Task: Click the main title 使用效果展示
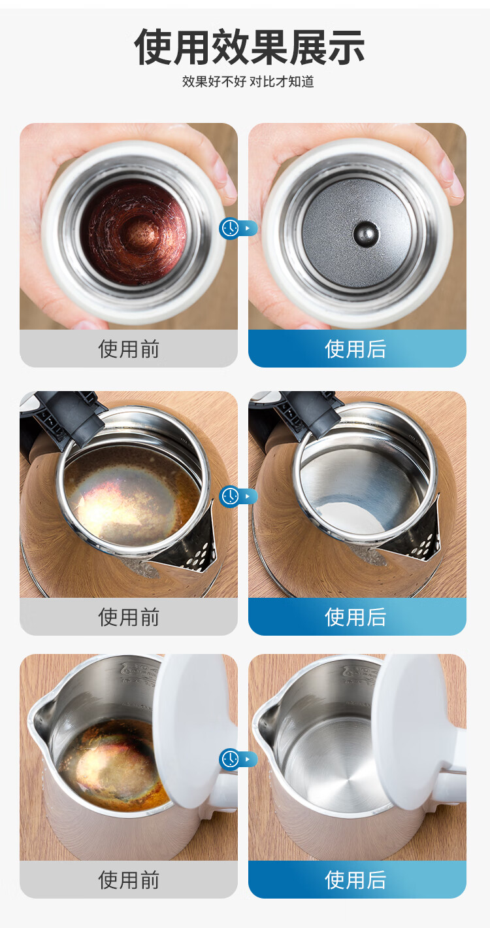coord(249,46)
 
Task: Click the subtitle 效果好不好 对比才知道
coord(248,82)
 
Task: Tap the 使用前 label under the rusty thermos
coord(129,349)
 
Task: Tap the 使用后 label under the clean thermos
coord(356,349)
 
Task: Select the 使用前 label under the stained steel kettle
coord(129,617)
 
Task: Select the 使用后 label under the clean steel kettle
coord(356,617)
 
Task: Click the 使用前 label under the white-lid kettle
coord(129,880)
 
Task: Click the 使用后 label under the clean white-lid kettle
coord(356,880)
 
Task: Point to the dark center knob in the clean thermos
coord(363,232)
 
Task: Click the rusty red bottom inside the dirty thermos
coord(137,233)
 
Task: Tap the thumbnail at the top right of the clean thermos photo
coord(445,163)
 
